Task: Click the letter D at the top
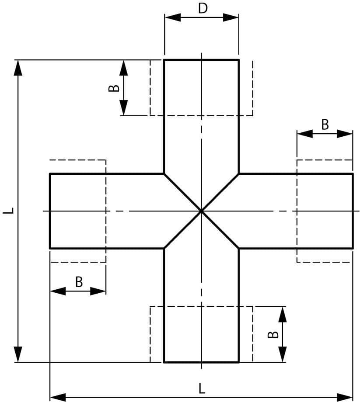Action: click(202, 8)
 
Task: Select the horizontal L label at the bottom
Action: click(201, 388)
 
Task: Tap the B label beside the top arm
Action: click(114, 88)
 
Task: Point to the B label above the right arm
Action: click(325, 125)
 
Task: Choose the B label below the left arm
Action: click(79, 282)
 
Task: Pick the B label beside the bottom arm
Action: click(273, 334)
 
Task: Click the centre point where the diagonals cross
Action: click(201, 211)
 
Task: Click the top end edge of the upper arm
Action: click(201, 59)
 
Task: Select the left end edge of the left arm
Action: click(50, 211)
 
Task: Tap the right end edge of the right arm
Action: click(353, 211)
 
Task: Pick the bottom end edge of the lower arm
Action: click(201, 362)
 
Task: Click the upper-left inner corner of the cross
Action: click(164, 174)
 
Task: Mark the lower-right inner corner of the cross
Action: click(239, 248)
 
